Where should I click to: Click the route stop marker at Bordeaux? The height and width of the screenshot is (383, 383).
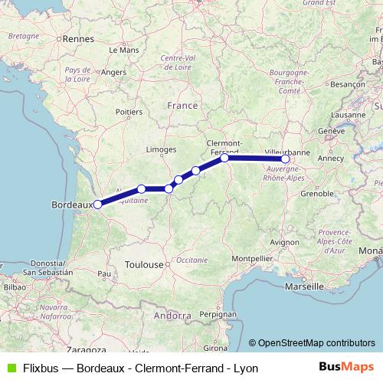click(x=97, y=205)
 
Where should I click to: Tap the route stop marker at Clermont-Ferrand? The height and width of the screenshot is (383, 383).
click(x=224, y=158)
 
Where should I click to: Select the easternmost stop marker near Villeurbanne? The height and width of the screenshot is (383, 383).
click(x=286, y=159)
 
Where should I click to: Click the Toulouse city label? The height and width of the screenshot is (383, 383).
click(x=145, y=264)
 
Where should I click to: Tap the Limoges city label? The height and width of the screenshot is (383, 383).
click(x=162, y=149)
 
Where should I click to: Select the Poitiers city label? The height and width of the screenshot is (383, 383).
click(x=129, y=112)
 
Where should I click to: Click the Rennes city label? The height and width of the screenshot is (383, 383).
click(x=77, y=38)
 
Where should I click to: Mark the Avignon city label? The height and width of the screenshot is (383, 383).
click(x=285, y=242)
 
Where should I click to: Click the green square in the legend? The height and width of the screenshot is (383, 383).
click(x=9, y=368)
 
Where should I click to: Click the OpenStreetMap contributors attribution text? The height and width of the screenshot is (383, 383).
click(x=316, y=343)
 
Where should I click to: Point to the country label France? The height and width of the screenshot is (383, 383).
click(x=182, y=105)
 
